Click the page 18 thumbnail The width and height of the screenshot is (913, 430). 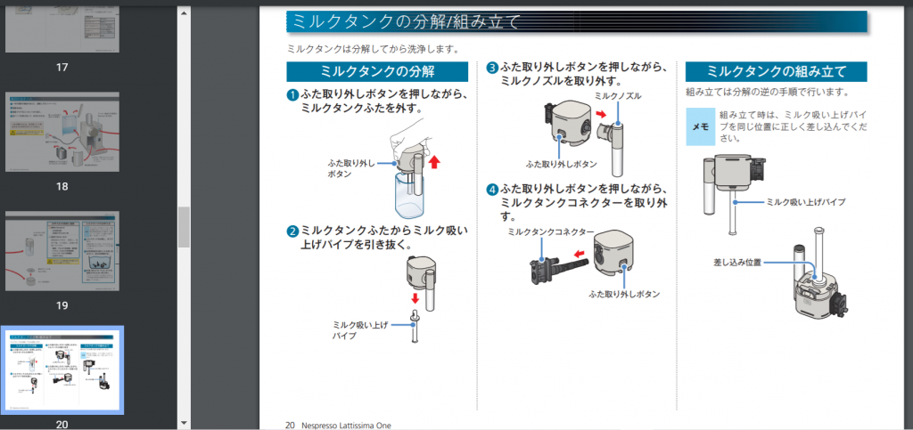pyautogui.click(x=62, y=132)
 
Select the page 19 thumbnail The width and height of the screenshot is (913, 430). pyautogui.click(x=62, y=251)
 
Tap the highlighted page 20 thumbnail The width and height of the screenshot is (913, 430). pyautogui.click(x=62, y=369)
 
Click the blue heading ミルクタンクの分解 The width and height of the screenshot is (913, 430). pyautogui.click(x=377, y=72)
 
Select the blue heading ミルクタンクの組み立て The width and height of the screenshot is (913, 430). pyautogui.click(x=776, y=72)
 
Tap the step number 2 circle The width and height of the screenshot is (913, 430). pyautogui.click(x=292, y=231)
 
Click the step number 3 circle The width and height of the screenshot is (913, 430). pyautogui.click(x=492, y=68)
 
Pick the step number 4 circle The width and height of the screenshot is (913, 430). pyautogui.click(x=492, y=190)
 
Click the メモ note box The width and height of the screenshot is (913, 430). pyautogui.click(x=700, y=126)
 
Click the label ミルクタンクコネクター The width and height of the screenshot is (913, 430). pyautogui.click(x=550, y=231)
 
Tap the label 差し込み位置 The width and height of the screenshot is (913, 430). pyautogui.click(x=737, y=263)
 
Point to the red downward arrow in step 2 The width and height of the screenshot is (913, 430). pyautogui.click(x=415, y=298)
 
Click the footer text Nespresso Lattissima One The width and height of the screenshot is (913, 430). pyautogui.click(x=346, y=425)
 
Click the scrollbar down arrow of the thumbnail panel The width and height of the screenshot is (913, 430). pyautogui.click(x=184, y=423)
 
